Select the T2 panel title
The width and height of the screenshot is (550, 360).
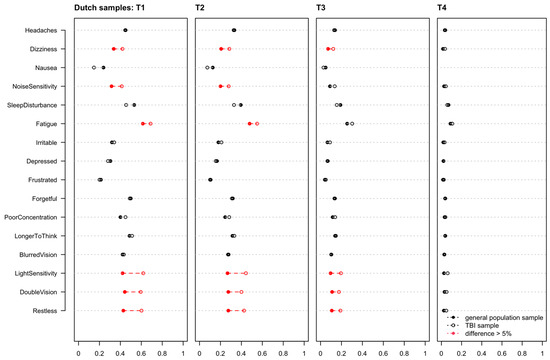(x=201, y=9)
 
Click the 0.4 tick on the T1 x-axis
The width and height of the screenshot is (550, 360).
(x=120, y=351)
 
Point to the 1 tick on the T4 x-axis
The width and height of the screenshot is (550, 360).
(x=546, y=351)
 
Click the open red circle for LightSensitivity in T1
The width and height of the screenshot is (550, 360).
(x=143, y=273)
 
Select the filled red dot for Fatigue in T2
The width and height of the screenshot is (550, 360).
(x=250, y=124)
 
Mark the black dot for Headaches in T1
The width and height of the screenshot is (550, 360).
(x=125, y=30)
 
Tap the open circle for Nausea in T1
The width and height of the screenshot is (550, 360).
(x=94, y=68)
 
